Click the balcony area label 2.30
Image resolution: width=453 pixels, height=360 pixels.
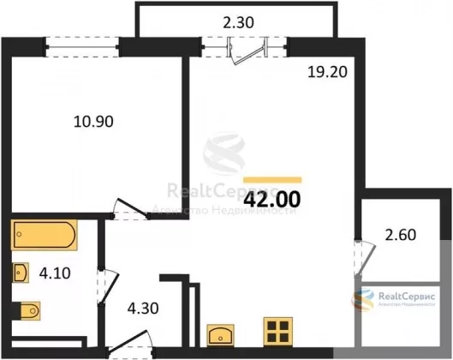(x=238, y=22)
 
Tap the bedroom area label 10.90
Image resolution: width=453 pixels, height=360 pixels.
(x=93, y=122)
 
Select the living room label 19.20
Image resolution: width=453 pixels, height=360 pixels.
(x=327, y=72)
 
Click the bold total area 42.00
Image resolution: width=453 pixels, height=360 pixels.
(x=272, y=200)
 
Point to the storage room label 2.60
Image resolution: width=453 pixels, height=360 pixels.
(x=401, y=235)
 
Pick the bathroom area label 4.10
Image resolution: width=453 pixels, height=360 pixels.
(x=55, y=273)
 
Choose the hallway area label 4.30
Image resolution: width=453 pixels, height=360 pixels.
(x=143, y=309)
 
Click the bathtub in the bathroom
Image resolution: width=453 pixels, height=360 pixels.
(x=45, y=235)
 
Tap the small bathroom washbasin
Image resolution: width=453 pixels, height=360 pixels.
(x=21, y=273)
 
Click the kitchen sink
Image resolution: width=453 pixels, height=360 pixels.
(x=220, y=335)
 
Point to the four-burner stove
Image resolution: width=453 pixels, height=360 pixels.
(x=278, y=332)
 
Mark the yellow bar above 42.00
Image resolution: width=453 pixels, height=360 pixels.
(x=272, y=180)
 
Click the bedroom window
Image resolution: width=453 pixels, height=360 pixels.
(x=81, y=47)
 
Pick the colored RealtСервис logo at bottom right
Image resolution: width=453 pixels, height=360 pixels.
(x=394, y=299)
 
